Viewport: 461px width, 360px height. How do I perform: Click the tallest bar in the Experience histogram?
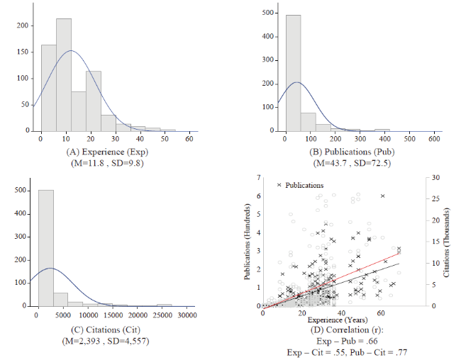click(64, 74)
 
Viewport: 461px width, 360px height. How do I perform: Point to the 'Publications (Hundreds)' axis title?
click(249, 241)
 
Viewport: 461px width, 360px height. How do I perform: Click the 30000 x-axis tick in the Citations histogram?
click(187, 315)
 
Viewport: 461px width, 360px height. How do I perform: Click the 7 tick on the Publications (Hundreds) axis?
click(259, 177)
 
